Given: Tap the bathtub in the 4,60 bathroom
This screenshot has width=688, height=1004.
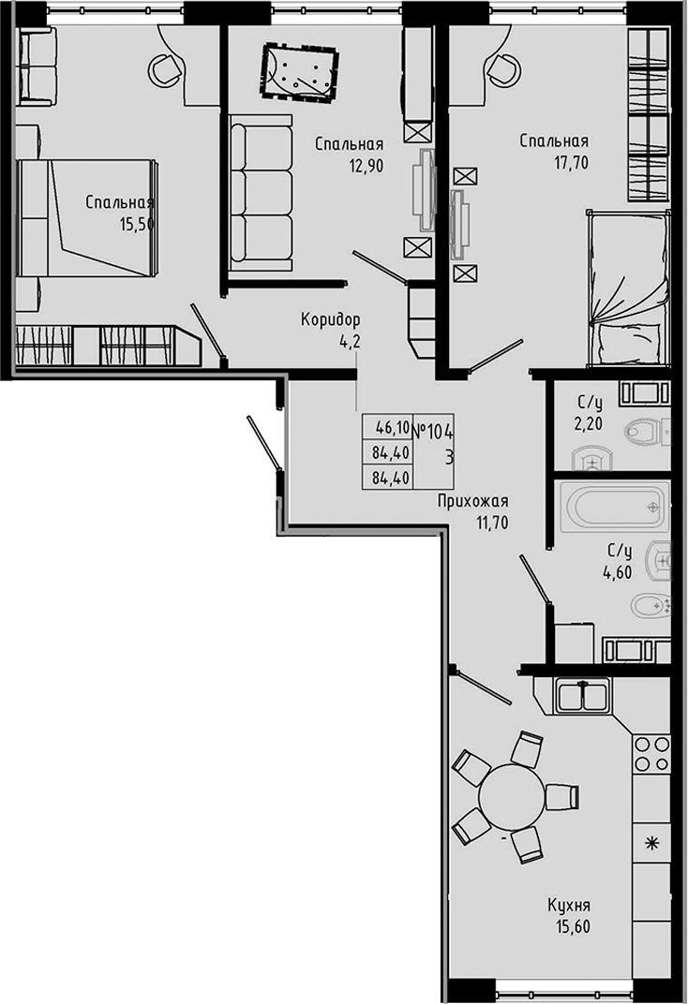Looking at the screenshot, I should click(614, 508).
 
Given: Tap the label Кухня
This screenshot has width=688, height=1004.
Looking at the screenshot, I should click(569, 906).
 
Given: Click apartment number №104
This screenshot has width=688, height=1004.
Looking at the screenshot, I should click(433, 430).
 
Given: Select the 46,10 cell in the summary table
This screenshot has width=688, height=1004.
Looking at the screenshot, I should click(392, 428).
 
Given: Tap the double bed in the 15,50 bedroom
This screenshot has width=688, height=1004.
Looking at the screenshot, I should click(89, 217).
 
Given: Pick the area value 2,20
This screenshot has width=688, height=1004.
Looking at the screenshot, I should click(589, 423).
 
